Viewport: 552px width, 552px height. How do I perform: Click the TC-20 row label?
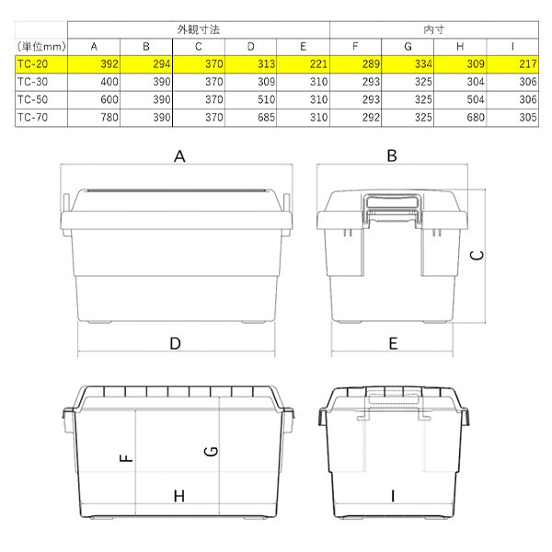click(x=32, y=64)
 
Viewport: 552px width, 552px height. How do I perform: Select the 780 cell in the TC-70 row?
click(x=109, y=117)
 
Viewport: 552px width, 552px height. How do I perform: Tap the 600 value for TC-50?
click(x=109, y=99)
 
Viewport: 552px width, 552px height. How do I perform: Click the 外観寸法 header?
click(x=199, y=29)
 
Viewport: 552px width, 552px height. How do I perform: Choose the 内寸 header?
click(x=433, y=29)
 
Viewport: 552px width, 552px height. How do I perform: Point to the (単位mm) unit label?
click(x=41, y=47)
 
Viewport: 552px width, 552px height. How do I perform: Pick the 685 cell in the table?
click(x=266, y=117)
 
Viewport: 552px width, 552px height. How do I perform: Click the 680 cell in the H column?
click(x=476, y=117)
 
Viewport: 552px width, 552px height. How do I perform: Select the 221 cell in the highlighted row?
click(x=318, y=64)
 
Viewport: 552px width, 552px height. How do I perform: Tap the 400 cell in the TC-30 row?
click(x=109, y=82)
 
